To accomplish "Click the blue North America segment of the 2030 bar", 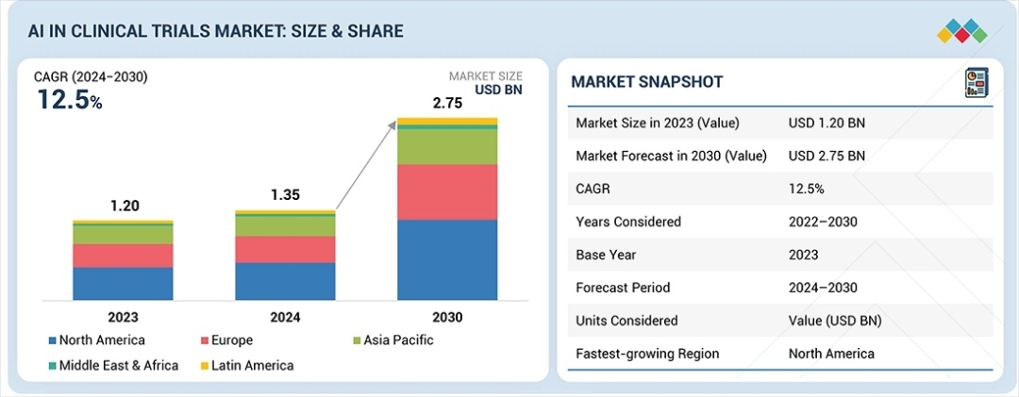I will tap(447, 259).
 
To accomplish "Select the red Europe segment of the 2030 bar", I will tap(447, 192).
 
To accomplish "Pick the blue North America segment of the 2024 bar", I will tap(285, 281).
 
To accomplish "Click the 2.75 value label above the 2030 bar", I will tap(447, 104).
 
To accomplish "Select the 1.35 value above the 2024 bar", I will tap(285, 195).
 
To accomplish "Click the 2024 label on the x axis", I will tap(285, 318).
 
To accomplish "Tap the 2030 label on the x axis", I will tap(447, 318).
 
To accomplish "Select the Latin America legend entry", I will tap(248, 365).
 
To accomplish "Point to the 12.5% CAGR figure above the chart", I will tap(69, 99).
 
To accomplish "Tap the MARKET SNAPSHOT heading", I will tap(646, 82).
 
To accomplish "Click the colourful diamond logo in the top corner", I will tap(961, 30).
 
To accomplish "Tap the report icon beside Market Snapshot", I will tap(975, 82).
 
